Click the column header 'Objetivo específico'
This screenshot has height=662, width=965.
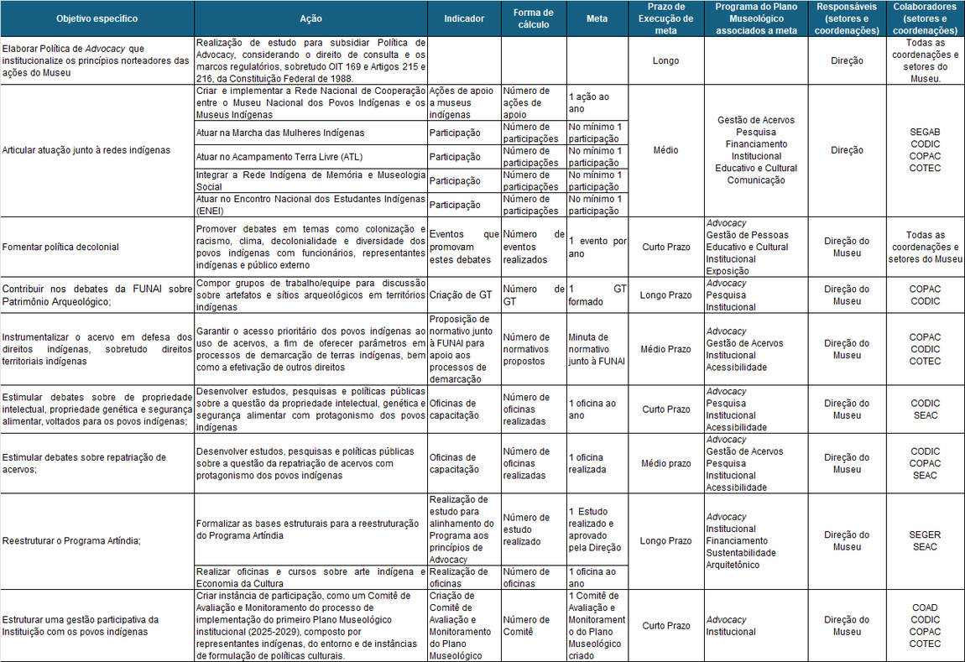click(96, 18)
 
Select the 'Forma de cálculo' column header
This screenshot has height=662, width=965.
click(533, 18)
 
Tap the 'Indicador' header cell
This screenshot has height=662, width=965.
click(463, 18)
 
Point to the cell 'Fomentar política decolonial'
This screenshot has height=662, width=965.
click(60, 248)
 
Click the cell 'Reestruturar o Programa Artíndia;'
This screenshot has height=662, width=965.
click(70, 541)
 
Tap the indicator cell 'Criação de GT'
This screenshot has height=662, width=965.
click(460, 295)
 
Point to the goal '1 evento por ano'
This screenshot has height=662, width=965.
click(597, 248)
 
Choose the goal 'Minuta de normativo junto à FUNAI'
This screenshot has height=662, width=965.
click(596, 349)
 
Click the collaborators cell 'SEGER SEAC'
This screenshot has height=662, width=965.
click(925, 541)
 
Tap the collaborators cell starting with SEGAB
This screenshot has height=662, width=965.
click(925, 150)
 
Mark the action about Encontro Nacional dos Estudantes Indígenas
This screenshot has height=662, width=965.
click(310, 205)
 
